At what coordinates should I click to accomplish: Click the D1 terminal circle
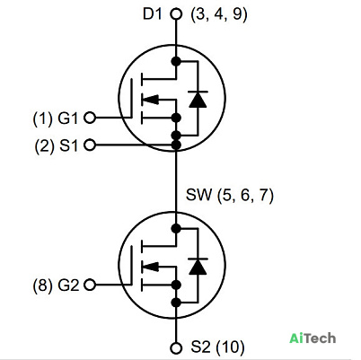pos(176,14)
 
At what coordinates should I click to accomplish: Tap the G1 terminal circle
pos(90,118)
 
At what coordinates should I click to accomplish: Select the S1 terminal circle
pos(90,145)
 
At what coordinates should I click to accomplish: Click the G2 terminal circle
pos(90,285)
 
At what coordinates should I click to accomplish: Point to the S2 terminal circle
pos(176,348)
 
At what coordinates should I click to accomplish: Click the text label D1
pos(152,14)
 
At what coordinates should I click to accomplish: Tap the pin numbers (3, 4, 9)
pos(219,14)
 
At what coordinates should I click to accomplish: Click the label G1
pos(67,119)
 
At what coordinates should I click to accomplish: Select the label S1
pos(68,146)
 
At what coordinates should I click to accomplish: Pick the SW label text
pos(198,195)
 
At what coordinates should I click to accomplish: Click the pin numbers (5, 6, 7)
pos(245,196)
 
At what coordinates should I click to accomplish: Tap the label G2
pos(68,285)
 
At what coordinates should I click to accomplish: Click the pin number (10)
pos(230,347)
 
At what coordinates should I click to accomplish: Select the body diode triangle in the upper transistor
pos(198,100)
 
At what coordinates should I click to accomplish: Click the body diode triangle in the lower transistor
pos(198,267)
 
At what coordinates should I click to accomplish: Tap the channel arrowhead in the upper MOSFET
pos(150,100)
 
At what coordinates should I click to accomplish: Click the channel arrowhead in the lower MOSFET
pos(150,267)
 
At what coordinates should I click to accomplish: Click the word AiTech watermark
pos(313,338)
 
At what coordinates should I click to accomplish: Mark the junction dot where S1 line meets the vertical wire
pos(176,145)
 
